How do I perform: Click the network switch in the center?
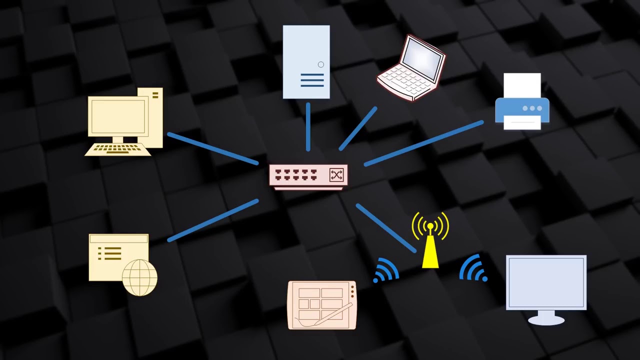pos(307,176)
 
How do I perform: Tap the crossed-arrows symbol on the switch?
pos(336,174)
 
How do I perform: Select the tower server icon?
pos(306,61)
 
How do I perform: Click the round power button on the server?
pos(320,64)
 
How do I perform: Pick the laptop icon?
pos(411,67)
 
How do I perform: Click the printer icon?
pos(522,102)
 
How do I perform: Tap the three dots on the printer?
pos(532,108)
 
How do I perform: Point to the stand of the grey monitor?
pos(546,317)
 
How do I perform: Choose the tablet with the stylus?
pos(322,305)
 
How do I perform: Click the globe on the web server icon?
pos(139,277)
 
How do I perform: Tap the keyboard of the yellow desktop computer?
pos(118,149)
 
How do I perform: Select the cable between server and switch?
pos(308,127)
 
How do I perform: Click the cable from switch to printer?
pos(424,142)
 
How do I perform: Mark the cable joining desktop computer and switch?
pos(213,148)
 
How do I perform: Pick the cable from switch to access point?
pos(385,227)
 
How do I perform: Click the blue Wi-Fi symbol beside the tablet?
pos(385,270)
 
